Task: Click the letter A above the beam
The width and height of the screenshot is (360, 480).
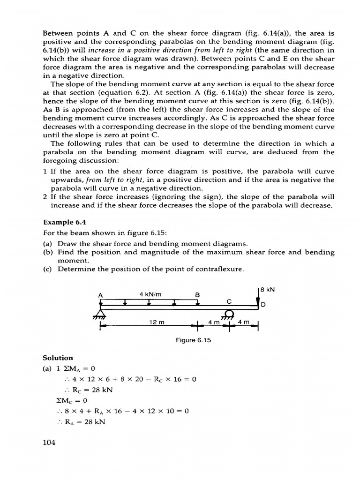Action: [100, 295]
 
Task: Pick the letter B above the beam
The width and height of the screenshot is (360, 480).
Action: [197, 295]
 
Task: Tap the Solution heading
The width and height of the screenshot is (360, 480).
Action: [58, 358]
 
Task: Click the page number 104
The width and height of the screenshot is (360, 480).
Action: [49, 442]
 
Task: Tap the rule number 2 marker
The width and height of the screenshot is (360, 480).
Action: [45, 197]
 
